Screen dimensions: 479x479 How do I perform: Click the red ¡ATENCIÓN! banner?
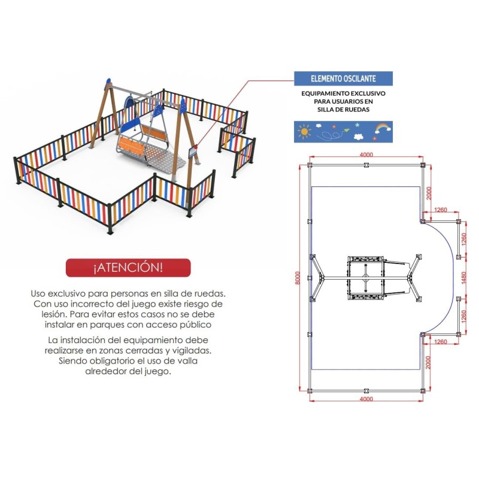click(x=128, y=268)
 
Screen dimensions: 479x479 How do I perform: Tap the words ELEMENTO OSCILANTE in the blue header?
click(x=344, y=78)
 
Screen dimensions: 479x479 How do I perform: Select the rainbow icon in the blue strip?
click(x=381, y=128)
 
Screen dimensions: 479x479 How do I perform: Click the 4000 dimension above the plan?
click(x=366, y=154)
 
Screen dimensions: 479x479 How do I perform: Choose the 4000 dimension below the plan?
click(x=366, y=399)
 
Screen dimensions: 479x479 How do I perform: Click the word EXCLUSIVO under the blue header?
click(x=363, y=94)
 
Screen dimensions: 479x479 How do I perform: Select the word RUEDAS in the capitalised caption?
click(x=358, y=110)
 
